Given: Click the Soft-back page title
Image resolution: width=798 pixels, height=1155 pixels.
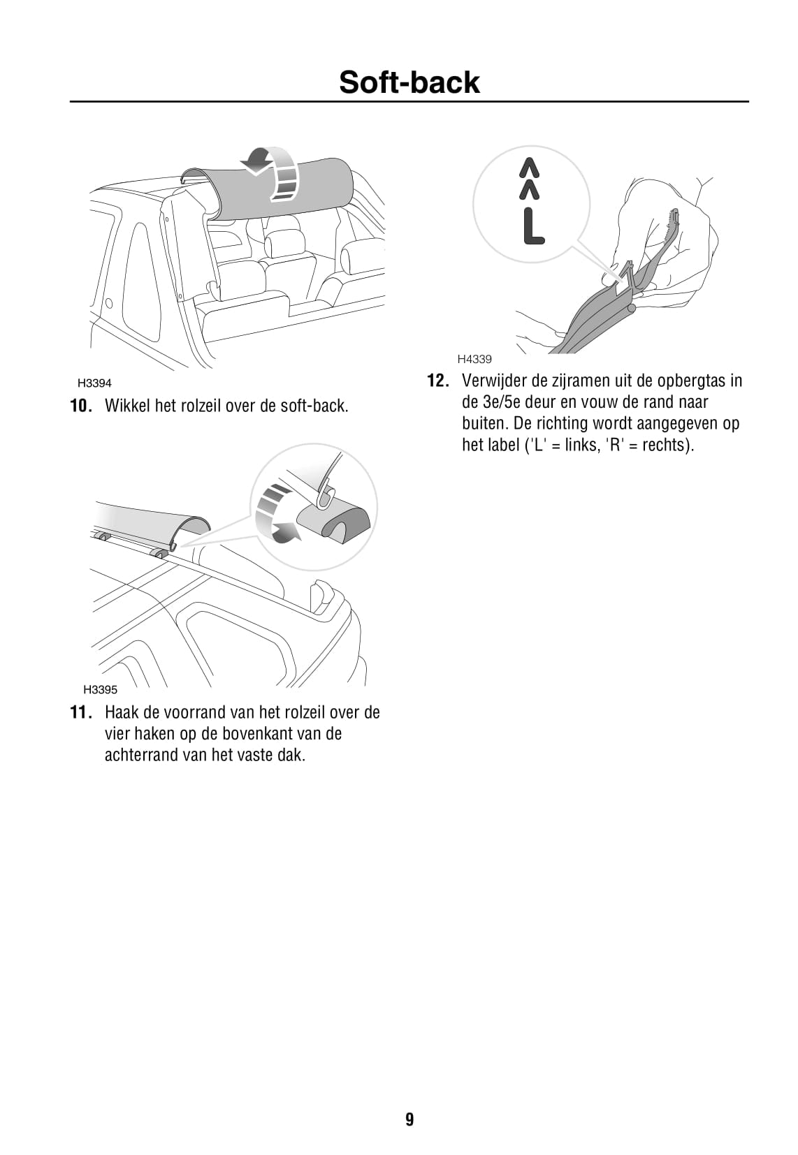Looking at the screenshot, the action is (x=409, y=82).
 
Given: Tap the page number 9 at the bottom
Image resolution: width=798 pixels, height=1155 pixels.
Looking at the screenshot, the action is (x=409, y=1119).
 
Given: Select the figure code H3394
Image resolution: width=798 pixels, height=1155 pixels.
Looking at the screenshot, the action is (x=94, y=383).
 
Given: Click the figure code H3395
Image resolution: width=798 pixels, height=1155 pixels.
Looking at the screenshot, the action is (x=101, y=689).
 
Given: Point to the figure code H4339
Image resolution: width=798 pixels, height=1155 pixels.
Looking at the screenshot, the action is (x=474, y=359).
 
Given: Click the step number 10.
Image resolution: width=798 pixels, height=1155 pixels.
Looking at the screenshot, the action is (x=82, y=406).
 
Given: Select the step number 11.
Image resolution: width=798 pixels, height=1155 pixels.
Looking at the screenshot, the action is (x=82, y=712).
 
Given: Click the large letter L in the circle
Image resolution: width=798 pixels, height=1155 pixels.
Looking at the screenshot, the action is (x=533, y=226).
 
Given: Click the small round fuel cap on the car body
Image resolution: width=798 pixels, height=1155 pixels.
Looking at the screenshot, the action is (x=109, y=302).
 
